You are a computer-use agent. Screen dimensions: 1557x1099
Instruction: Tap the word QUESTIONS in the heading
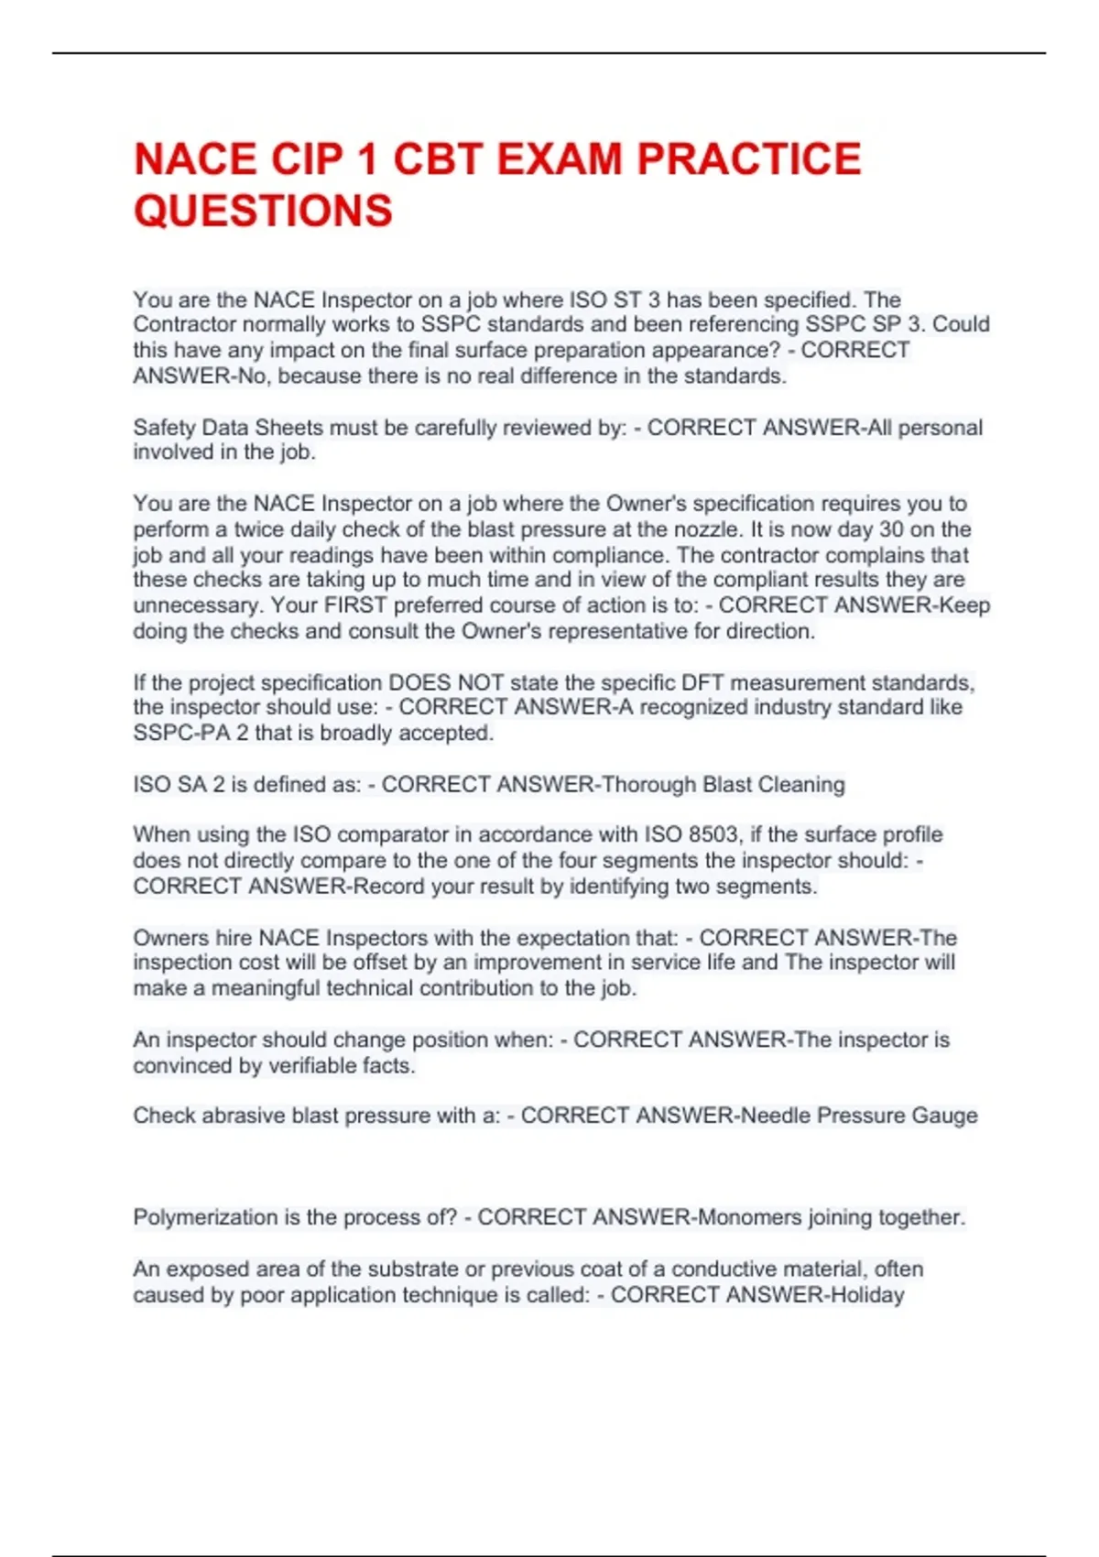[263, 212]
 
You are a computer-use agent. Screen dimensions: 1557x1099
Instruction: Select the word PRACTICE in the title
[748, 159]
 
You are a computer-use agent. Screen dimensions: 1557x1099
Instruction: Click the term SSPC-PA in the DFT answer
[182, 734]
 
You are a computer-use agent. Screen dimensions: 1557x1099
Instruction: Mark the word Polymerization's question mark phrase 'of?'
[441, 1217]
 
